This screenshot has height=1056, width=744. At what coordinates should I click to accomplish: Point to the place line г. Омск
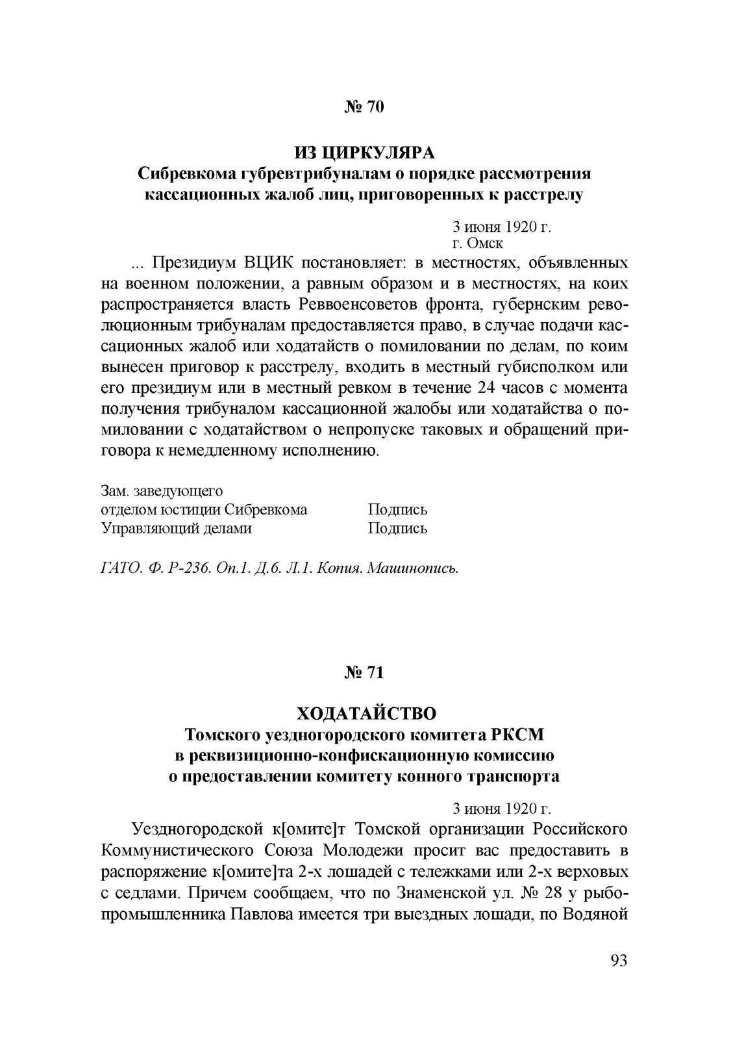point(477,244)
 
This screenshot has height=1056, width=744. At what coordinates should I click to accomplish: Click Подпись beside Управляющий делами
point(397,528)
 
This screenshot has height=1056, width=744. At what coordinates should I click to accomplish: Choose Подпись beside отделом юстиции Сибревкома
point(397,510)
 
